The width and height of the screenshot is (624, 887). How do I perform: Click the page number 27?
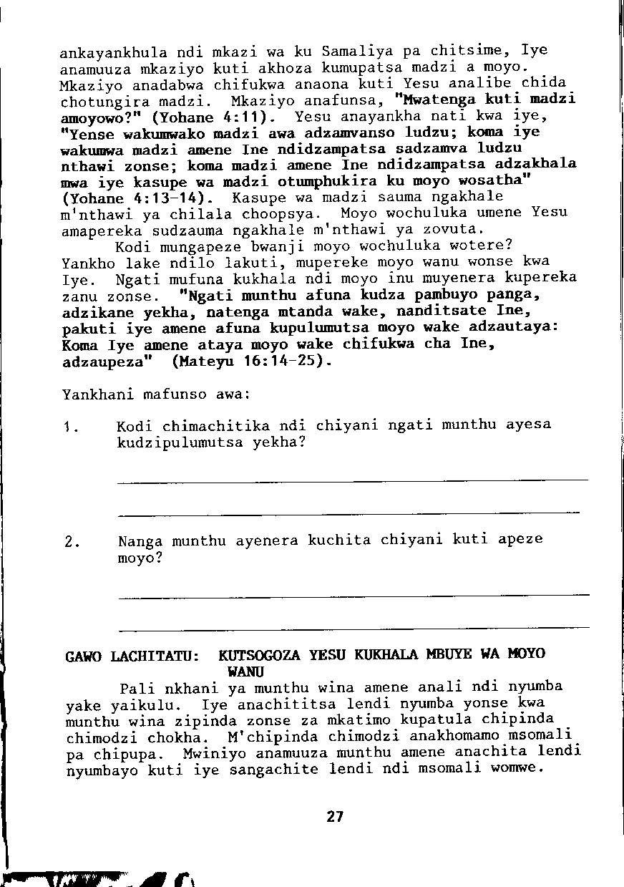point(335,816)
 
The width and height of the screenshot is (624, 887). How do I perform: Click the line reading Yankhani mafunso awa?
point(156,394)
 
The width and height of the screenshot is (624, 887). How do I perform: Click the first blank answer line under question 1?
point(352,480)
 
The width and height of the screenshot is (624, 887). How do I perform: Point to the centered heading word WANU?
point(245,672)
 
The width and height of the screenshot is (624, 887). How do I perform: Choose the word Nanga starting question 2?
point(141,541)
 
